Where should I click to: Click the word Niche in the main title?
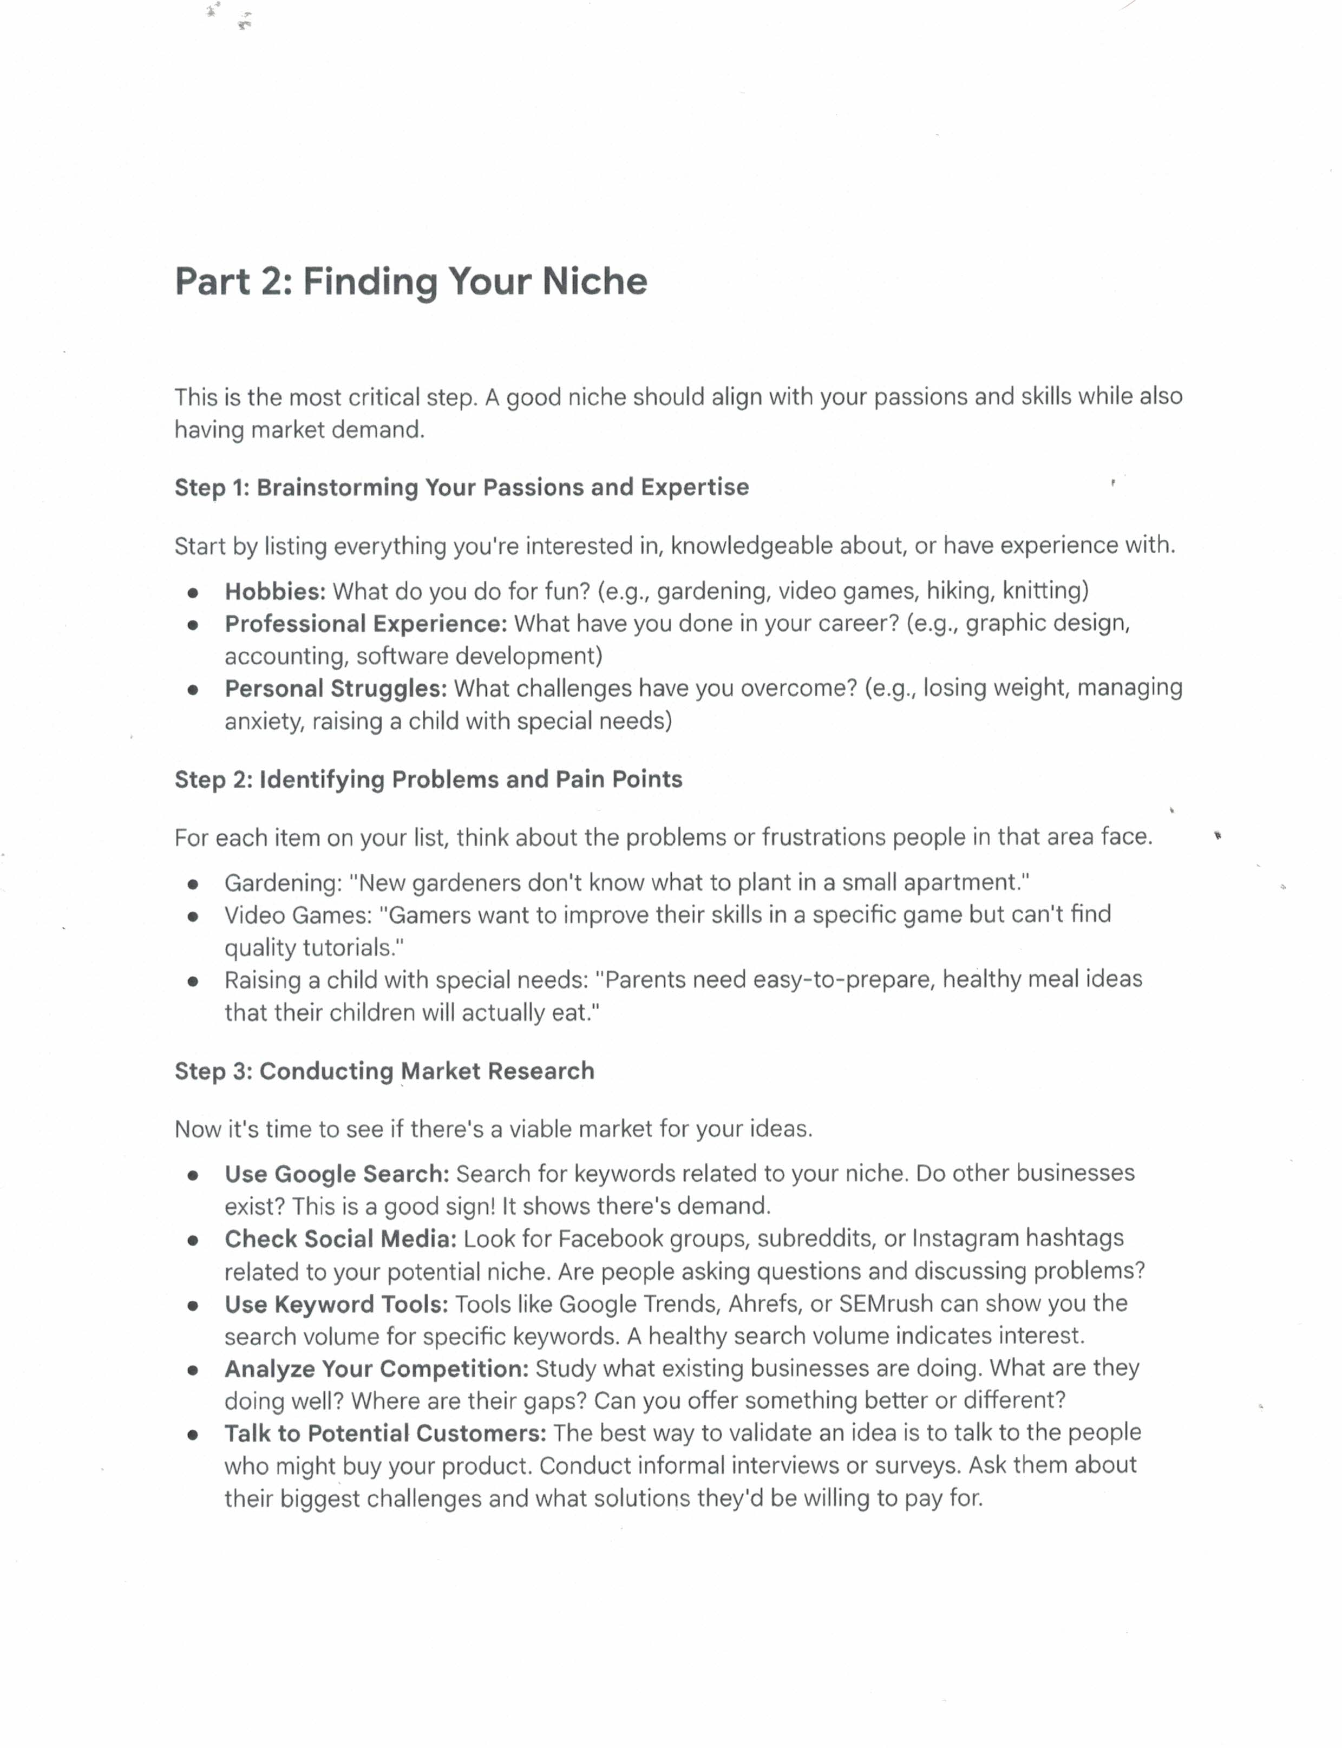(594, 281)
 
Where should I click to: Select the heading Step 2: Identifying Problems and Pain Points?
(428, 779)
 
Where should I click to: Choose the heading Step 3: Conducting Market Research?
(384, 1071)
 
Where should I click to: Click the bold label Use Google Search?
(336, 1174)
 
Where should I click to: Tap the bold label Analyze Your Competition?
(376, 1369)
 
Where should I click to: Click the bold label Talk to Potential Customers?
(385, 1433)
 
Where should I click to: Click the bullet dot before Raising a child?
(193, 982)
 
